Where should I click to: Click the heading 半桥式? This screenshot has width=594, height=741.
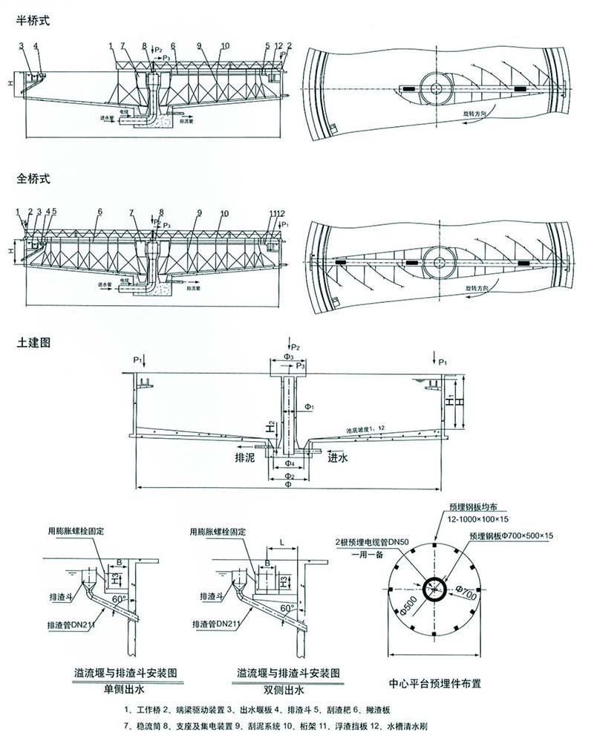click(32, 22)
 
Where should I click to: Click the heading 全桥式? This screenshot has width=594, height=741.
click(32, 179)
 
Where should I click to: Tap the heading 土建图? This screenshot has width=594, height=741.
click(32, 343)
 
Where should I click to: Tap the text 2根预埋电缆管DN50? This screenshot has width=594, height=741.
click(373, 543)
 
